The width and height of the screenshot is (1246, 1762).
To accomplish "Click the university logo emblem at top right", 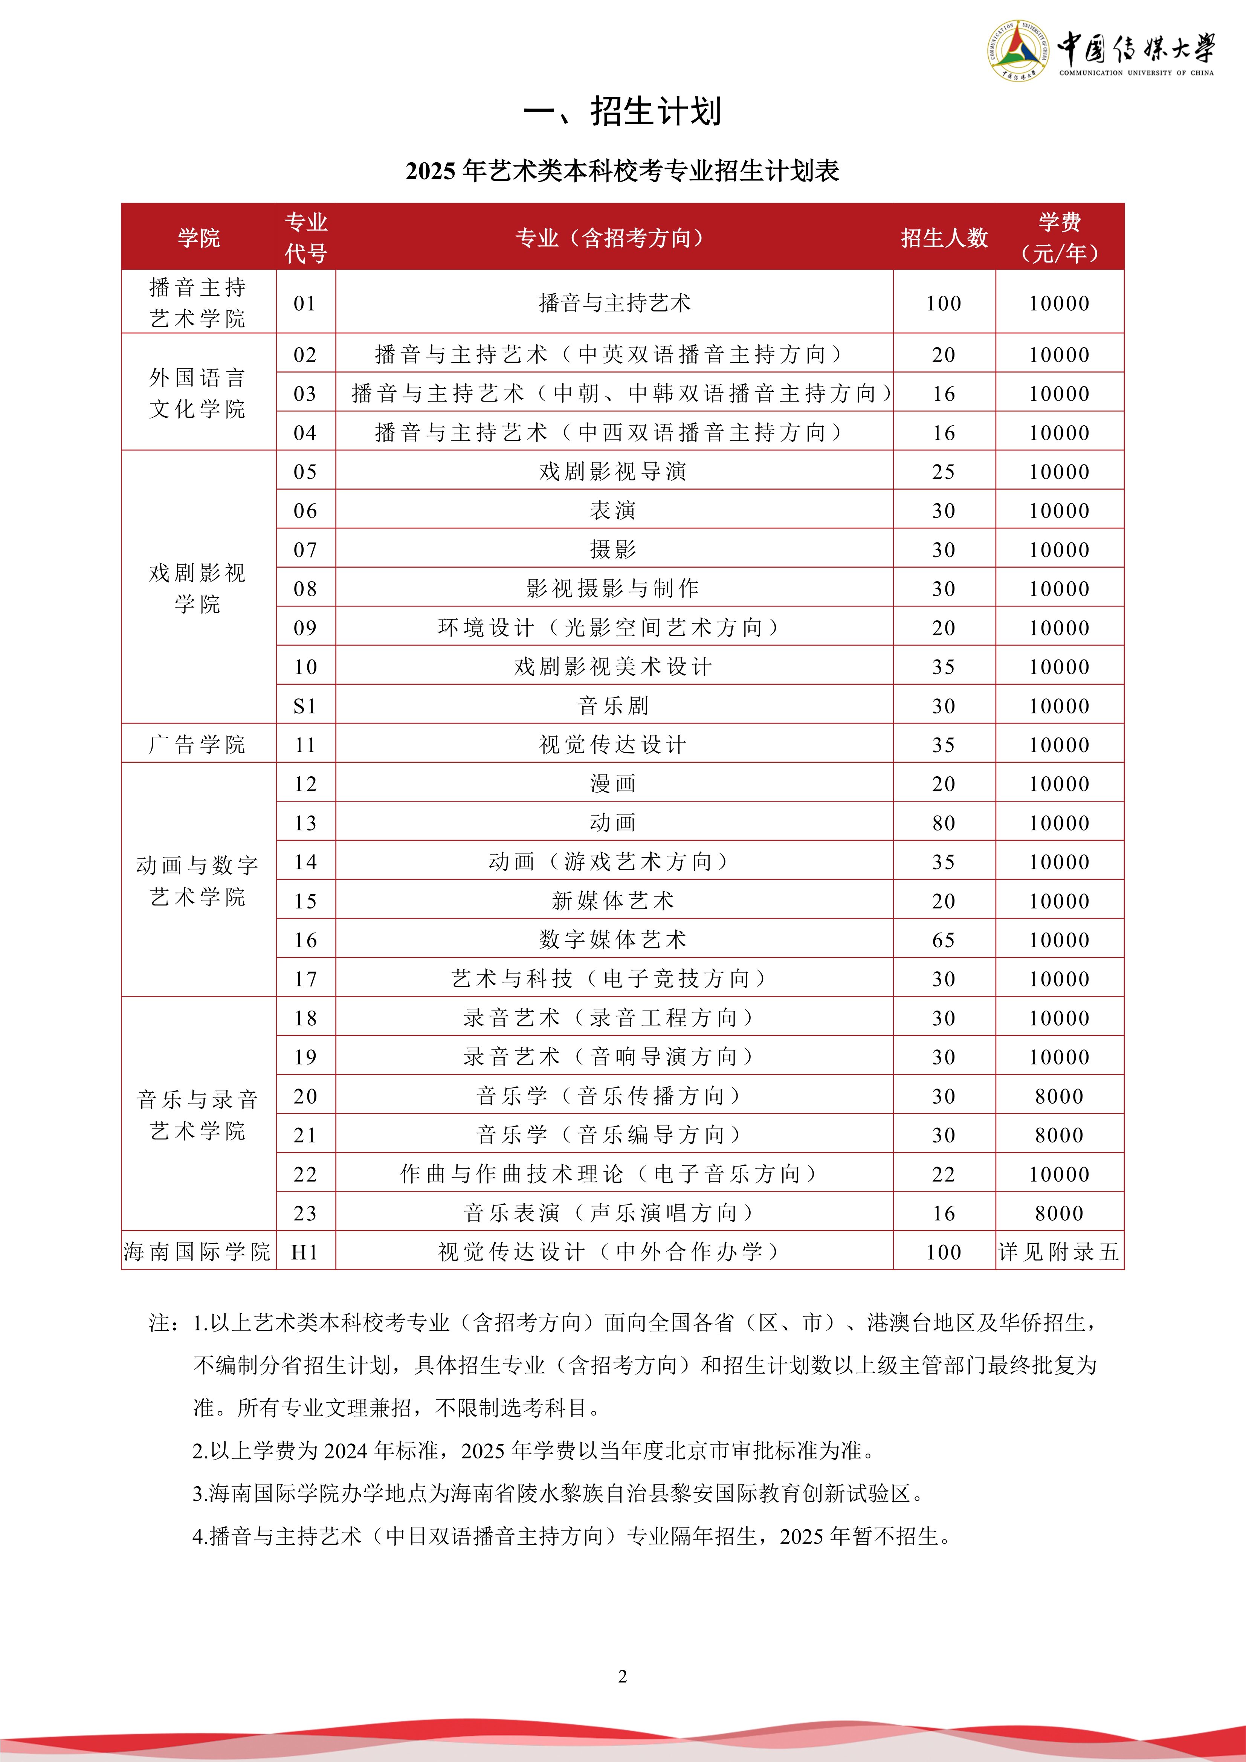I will pos(1017,50).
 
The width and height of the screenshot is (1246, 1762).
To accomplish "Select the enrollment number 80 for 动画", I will pos(944,823).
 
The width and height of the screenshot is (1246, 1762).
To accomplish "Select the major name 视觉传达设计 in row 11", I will pos(613,744).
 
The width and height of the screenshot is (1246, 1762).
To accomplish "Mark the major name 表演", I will pos(613,510).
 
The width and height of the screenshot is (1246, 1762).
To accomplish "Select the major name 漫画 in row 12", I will pos(613,783).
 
